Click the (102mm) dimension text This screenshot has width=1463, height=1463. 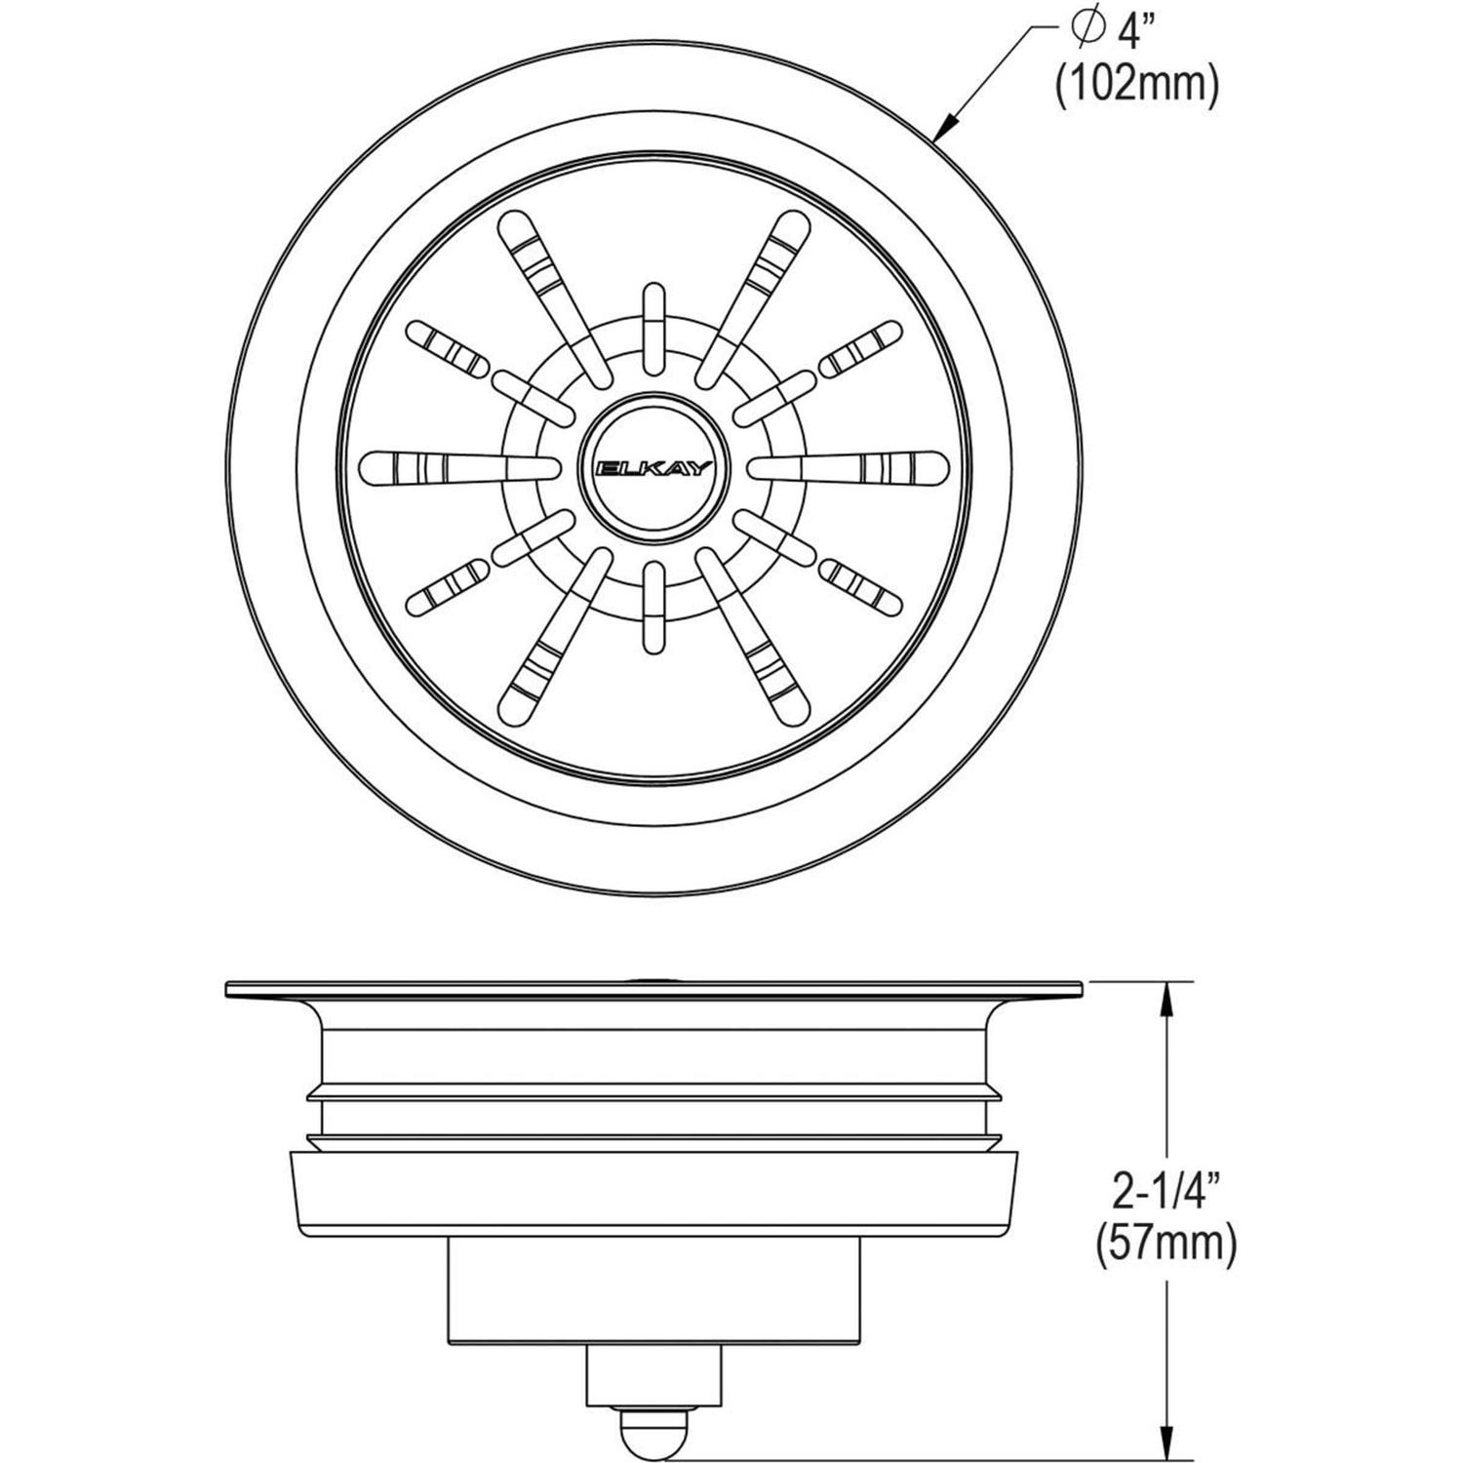[x=1137, y=87]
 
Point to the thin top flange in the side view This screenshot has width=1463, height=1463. [x=653, y=990]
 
